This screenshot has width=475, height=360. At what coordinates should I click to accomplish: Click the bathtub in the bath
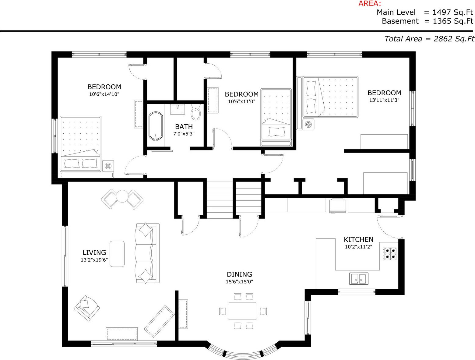click(x=156, y=126)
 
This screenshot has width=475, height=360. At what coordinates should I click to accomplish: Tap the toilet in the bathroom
click(x=196, y=112)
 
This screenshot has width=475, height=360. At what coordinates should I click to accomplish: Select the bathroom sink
click(x=178, y=109)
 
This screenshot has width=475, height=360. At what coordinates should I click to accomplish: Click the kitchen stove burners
click(x=389, y=254)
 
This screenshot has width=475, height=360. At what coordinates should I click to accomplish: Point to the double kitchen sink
click(x=359, y=278)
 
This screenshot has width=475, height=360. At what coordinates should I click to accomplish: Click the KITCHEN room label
click(x=359, y=239)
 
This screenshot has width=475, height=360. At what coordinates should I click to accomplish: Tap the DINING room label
click(x=239, y=274)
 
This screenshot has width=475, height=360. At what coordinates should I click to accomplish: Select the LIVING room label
click(x=94, y=252)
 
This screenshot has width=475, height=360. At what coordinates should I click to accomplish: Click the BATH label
click(x=184, y=127)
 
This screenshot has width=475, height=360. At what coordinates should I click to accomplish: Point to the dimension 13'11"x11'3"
click(x=384, y=100)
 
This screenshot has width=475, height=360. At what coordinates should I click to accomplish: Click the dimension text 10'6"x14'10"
click(x=104, y=94)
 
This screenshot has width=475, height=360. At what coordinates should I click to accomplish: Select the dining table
click(x=243, y=311)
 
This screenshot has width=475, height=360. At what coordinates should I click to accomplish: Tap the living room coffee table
click(x=117, y=254)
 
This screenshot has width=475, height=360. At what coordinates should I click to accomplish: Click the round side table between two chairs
click(x=122, y=196)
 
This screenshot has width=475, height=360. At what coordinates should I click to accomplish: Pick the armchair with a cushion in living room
click(x=87, y=308)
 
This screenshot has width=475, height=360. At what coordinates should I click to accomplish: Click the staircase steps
click(x=220, y=200)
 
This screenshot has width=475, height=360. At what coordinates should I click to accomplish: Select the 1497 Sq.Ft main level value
click(x=453, y=12)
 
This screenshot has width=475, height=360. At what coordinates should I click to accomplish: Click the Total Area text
click(x=429, y=39)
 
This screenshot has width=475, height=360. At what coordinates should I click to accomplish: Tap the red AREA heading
click(x=370, y=3)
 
